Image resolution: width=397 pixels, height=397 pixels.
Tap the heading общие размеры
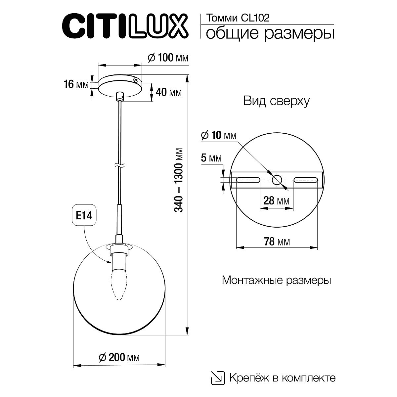click(270, 33)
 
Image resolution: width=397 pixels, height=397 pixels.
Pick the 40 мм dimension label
click(168, 92)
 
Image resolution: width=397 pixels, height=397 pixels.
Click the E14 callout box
click(84, 216)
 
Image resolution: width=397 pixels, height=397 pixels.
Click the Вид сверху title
click(276, 101)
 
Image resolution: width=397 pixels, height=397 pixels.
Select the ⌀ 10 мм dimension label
click(219, 135)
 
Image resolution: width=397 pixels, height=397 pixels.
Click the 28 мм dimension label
click(276, 200)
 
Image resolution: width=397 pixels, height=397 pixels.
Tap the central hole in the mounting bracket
click(277, 180)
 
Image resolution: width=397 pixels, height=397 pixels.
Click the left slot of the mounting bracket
click(248, 180)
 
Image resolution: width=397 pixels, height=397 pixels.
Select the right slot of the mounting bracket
click(306, 180)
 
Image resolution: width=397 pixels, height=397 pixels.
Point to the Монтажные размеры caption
click(276, 281)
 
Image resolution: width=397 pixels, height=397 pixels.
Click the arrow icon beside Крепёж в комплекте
click(218, 377)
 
